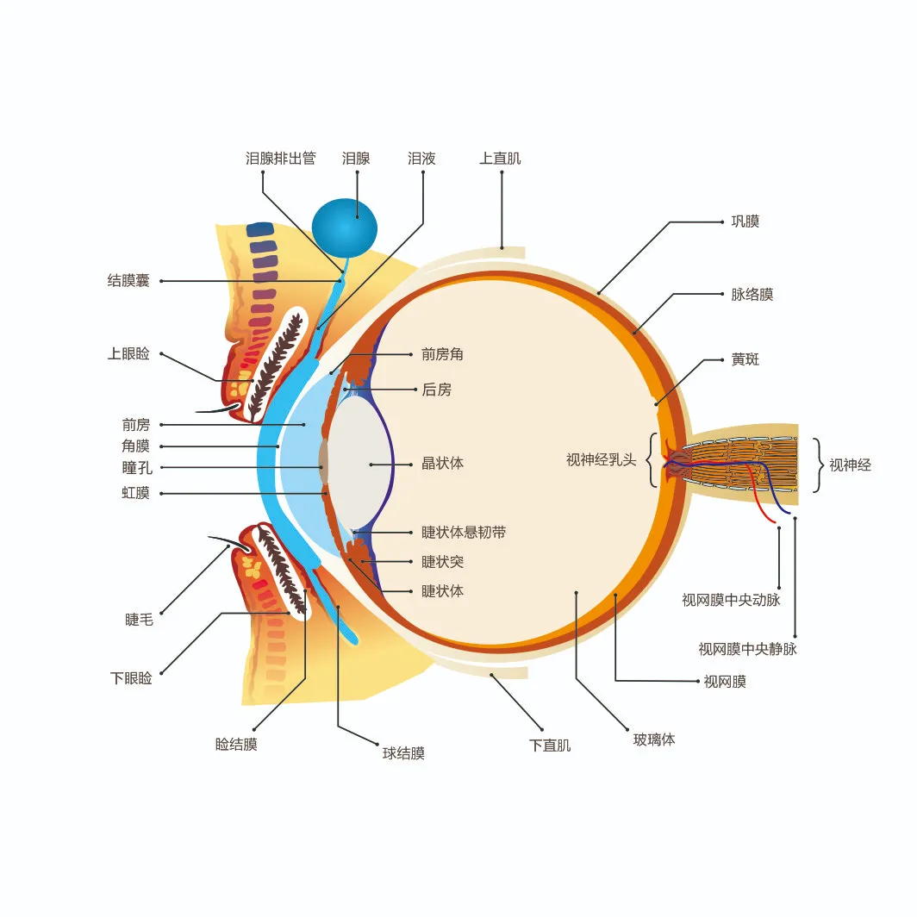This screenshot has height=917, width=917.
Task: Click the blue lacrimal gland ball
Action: pyautogui.click(x=344, y=227)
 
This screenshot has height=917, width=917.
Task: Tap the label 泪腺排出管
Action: pyautogui.click(x=280, y=159)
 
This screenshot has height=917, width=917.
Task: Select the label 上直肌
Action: pyautogui.click(x=500, y=159)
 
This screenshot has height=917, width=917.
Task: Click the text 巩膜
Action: pyautogui.click(x=745, y=221)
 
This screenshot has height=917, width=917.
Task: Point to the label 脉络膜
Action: pyautogui.click(x=752, y=295)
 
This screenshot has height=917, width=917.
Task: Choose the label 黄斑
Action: pyautogui.click(x=745, y=359)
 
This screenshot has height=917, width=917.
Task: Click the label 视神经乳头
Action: pyautogui.click(x=601, y=460)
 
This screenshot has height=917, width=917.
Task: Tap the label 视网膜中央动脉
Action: pyautogui.click(x=731, y=600)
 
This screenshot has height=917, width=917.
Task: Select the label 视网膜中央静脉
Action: pyautogui.click(x=747, y=649)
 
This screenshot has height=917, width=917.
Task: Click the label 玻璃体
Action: pyautogui.click(x=653, y=739)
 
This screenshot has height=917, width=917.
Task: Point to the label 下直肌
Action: pyautogui.click(x=549, y=745)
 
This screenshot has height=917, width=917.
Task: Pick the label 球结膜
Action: pyautogui.click(x=403, y=753)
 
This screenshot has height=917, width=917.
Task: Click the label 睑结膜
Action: pyautogui.click(x=236, y=744)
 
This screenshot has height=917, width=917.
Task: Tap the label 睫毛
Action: pyautogui.click(x=139, y=620)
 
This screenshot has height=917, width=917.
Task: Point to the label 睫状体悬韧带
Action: pyautogui.click(x=463, y=533)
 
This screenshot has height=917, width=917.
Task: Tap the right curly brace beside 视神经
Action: pyautogui.click(x=816, y=465)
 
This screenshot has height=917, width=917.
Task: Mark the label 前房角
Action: pyautogui.click(x=442, y=354)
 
